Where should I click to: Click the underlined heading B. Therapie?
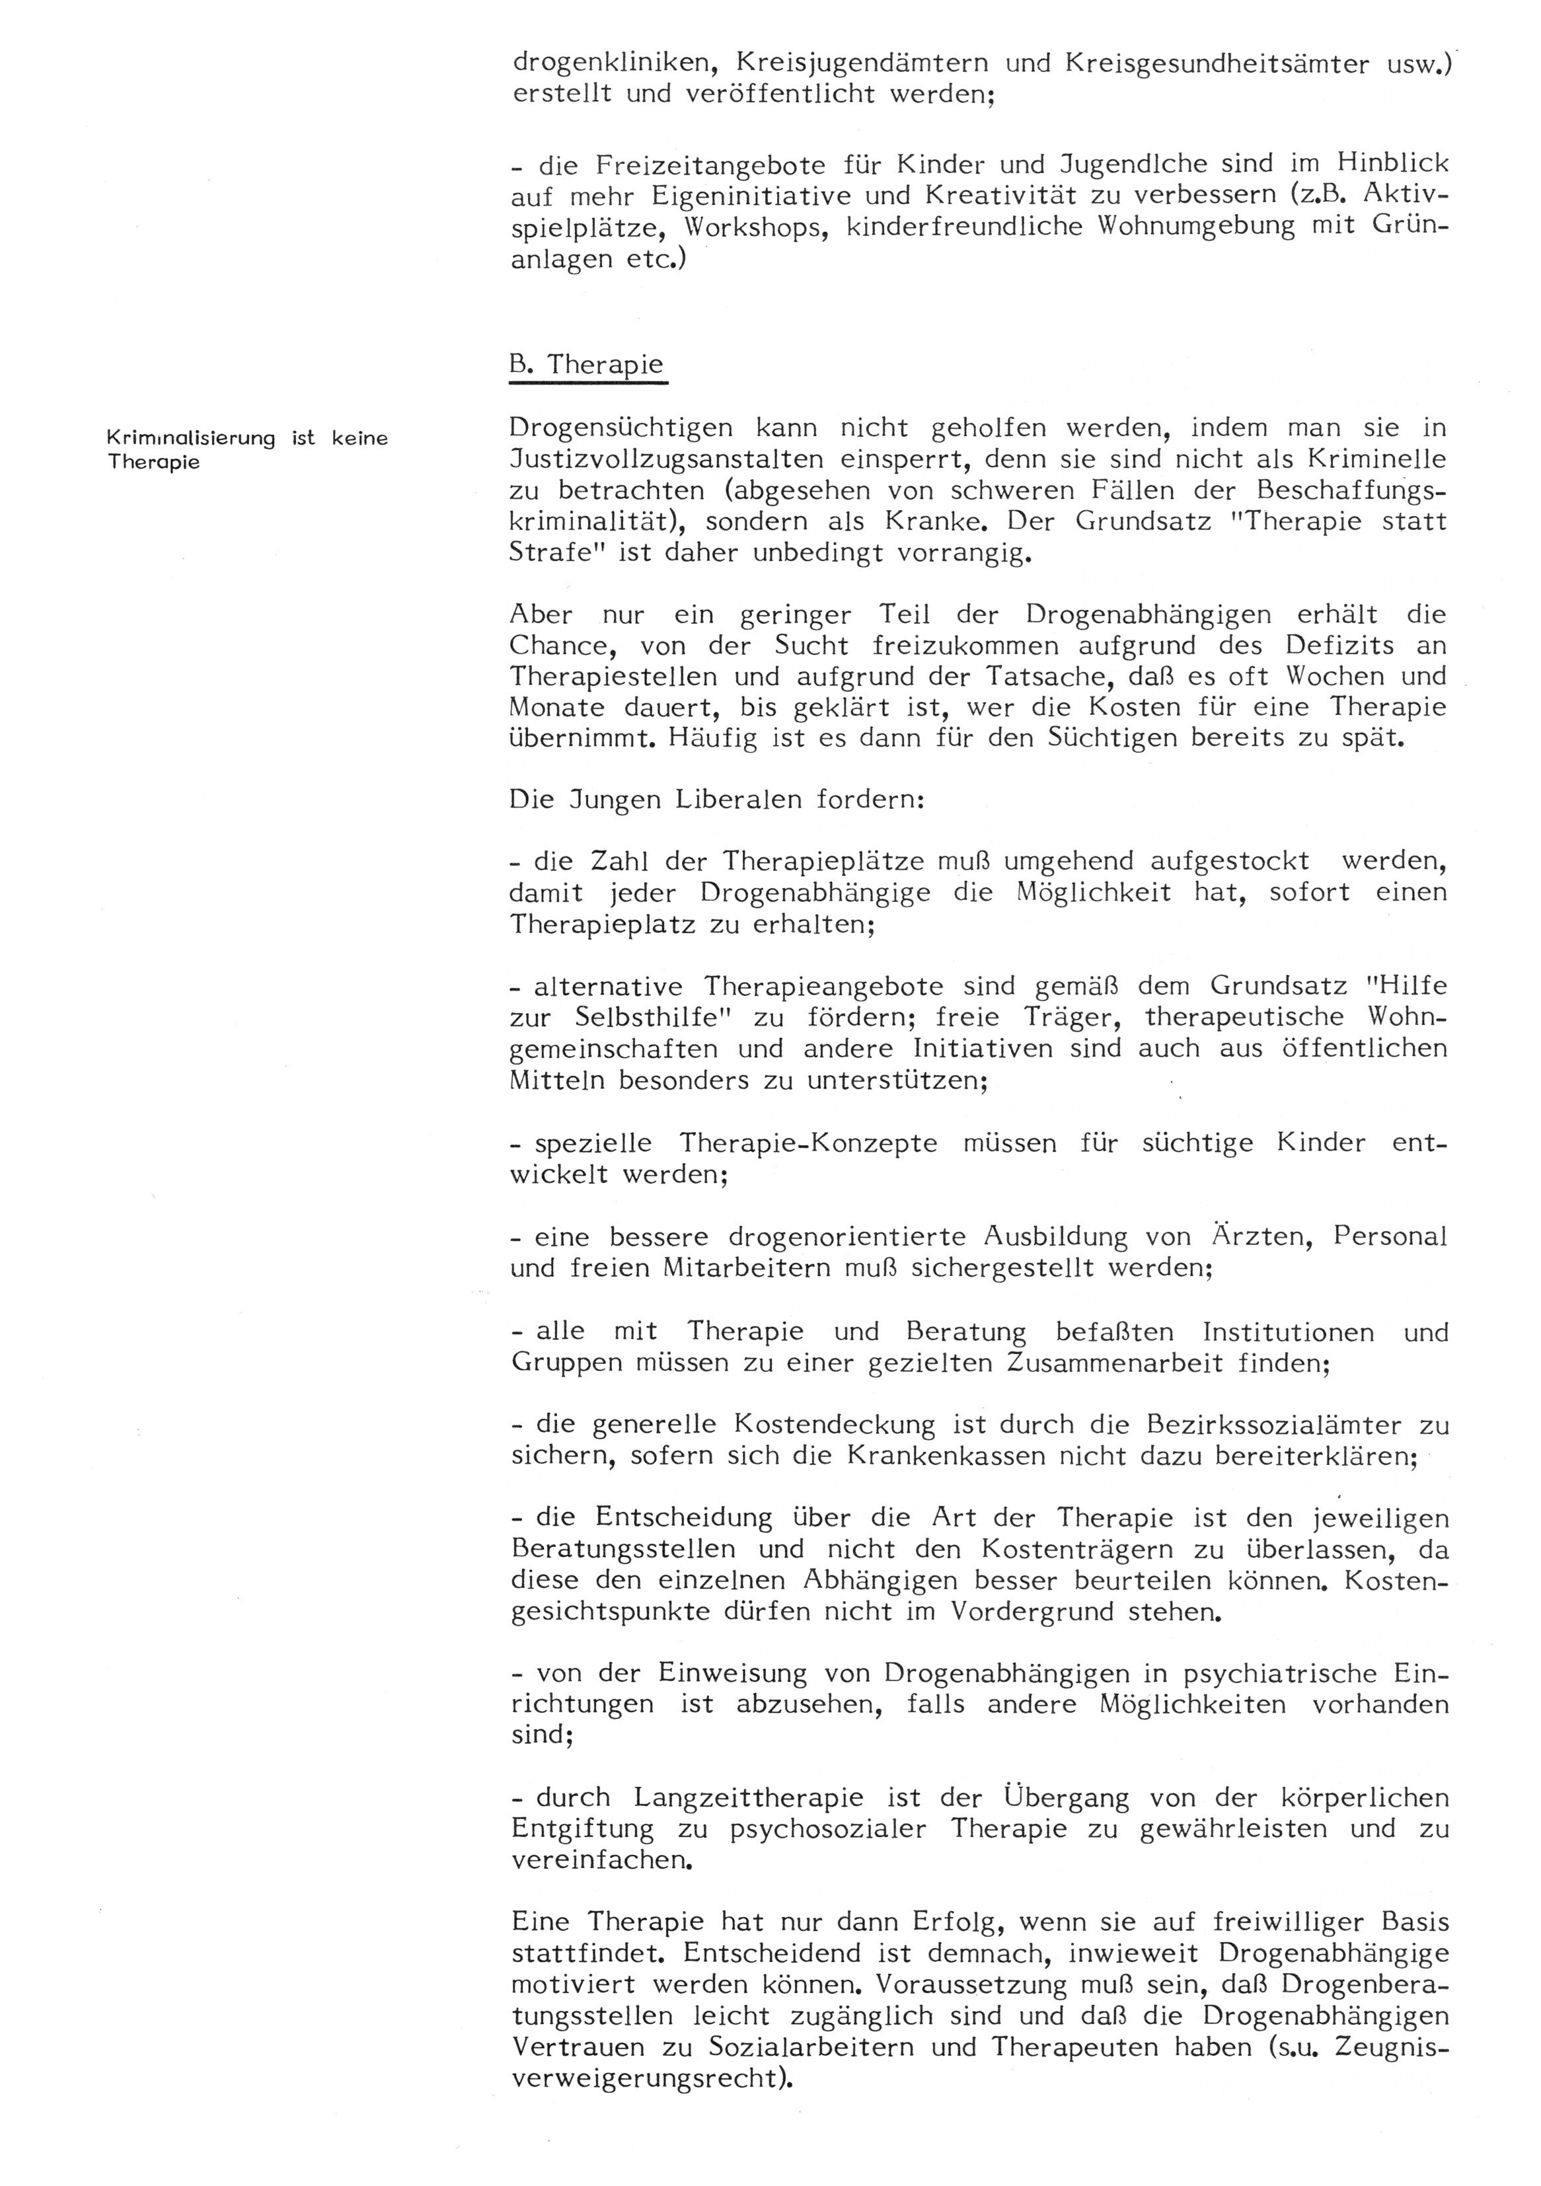coord(587,365)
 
